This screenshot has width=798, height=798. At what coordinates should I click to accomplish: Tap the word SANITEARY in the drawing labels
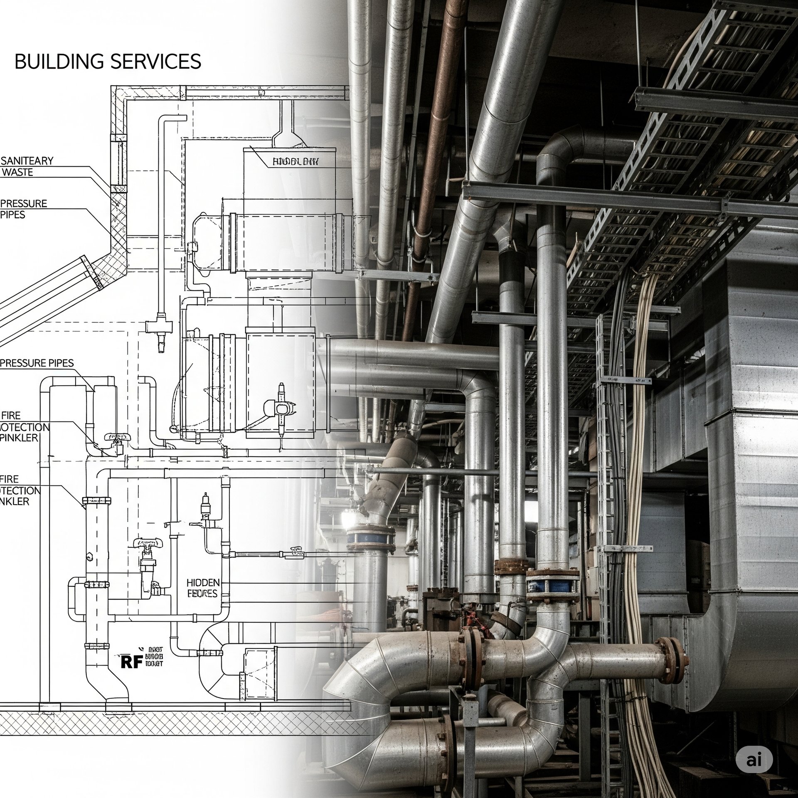[x=27, y=161]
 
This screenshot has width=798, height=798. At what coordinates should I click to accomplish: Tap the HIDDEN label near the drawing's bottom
[x=203, y=582]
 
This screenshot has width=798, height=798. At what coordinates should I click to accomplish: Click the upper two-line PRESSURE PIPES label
[x=24, y=209]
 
